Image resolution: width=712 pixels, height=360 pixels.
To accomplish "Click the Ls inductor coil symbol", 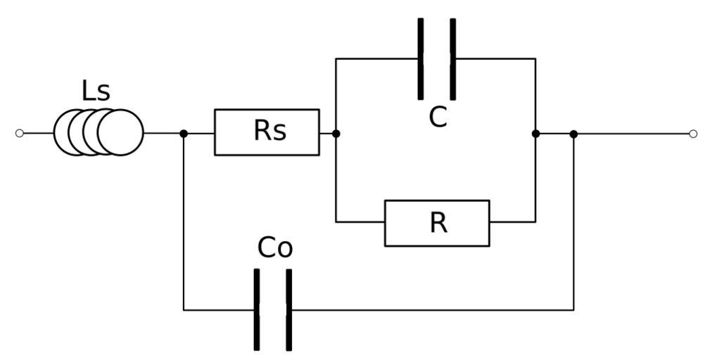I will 98,133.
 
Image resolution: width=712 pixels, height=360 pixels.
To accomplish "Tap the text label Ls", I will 96,91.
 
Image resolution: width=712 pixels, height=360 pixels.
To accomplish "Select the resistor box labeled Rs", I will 267,132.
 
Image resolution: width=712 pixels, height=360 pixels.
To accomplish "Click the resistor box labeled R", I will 437,223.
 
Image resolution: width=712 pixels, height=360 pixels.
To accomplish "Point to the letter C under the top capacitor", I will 438,117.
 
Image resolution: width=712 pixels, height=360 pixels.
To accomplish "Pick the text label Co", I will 274,247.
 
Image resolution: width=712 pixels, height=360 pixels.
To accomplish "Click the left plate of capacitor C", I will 421,58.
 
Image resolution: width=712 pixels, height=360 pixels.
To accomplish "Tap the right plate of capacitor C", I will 452,58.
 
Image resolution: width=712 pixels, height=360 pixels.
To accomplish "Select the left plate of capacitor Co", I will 257,309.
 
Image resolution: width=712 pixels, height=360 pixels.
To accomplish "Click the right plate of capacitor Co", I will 288,309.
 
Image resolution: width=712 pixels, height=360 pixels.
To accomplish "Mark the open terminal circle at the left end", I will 20,133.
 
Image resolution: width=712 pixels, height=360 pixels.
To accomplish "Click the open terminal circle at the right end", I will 693,134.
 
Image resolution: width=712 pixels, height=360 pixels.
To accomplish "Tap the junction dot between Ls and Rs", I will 184,133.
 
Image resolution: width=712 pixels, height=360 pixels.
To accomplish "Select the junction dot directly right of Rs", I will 336,133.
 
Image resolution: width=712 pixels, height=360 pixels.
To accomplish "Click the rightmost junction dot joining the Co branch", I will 573,134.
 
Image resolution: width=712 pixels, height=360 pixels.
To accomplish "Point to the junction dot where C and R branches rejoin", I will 535,134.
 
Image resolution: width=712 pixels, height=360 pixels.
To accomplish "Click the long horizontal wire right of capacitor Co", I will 429,309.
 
